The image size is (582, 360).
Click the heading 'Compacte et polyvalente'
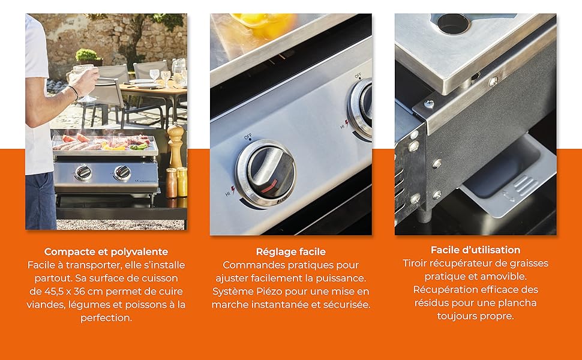pyautogui.click(x=106, y=251)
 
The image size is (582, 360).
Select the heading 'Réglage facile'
pyautogui.click(x=290, y=251)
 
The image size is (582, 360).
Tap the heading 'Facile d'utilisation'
pyautogui.click(x=475, y=250)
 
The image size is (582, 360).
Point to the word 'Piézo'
pyautogui.click(x=269, y=292)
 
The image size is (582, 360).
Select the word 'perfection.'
pyautogui.click(x=106, y=318)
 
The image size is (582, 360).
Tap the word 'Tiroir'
pyautogui.click(x=414, y=263)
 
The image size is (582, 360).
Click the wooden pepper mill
pyautogui.click(x=176, y=146)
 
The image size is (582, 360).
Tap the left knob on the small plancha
pyautogui.click(x=83, y=173)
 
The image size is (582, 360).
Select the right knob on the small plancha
pyautogui.click(x=122, y=173)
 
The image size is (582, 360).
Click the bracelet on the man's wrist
pyautogui.click(x=74, y=92)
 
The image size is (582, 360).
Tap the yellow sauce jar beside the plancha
pyautogui.click(x=182, y=182)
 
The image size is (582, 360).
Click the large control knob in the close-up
pyautogui.click(x=266, y=173)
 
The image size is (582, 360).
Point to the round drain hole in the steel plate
pyautogui.click(x=453, y=23)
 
